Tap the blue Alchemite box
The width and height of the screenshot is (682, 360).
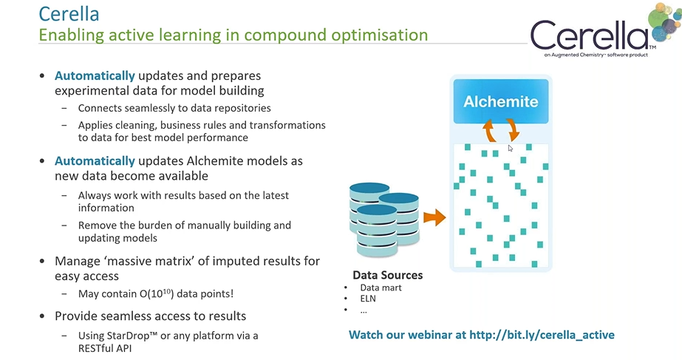tap(500, 101)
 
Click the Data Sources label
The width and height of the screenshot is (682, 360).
tap(387, 275)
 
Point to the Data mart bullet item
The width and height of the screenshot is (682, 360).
tap(381, 288)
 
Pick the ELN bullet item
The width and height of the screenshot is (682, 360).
tap(369, 299)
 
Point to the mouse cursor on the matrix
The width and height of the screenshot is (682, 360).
tap(511, 149)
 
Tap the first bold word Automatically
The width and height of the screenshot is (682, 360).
tap(95, 75)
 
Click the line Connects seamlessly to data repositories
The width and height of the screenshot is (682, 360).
tap(180, 108)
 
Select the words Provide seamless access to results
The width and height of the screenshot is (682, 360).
tap(150, 316)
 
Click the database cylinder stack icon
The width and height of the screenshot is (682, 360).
tap(383, 217)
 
